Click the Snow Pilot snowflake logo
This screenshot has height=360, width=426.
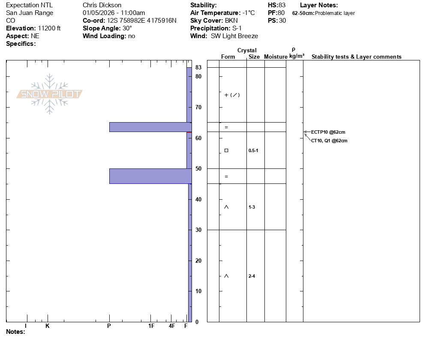click(x=49, y=94)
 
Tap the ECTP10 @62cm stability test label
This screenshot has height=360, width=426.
click(x=328, y=132)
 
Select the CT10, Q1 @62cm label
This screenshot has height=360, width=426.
click(x=329, y=141)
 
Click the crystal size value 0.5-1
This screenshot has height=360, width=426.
click(x=253, y=150)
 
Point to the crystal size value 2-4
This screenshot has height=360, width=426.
click(x=252, y=276)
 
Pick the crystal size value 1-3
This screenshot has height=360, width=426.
click(x=252, y=207)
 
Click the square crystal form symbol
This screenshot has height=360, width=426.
click(x=226, y=150)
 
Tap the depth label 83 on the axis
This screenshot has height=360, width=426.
click(x=198, y=67)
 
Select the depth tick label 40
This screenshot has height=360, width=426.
click(x=198, y=199)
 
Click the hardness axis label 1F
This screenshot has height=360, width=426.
click(x=151, y=326)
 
